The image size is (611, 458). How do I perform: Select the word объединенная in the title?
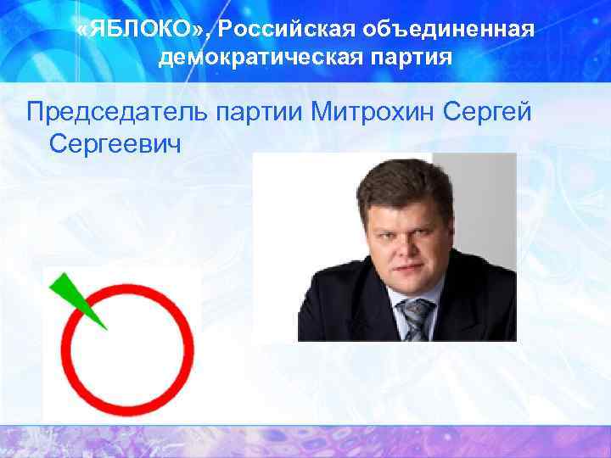pos(449,31)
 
